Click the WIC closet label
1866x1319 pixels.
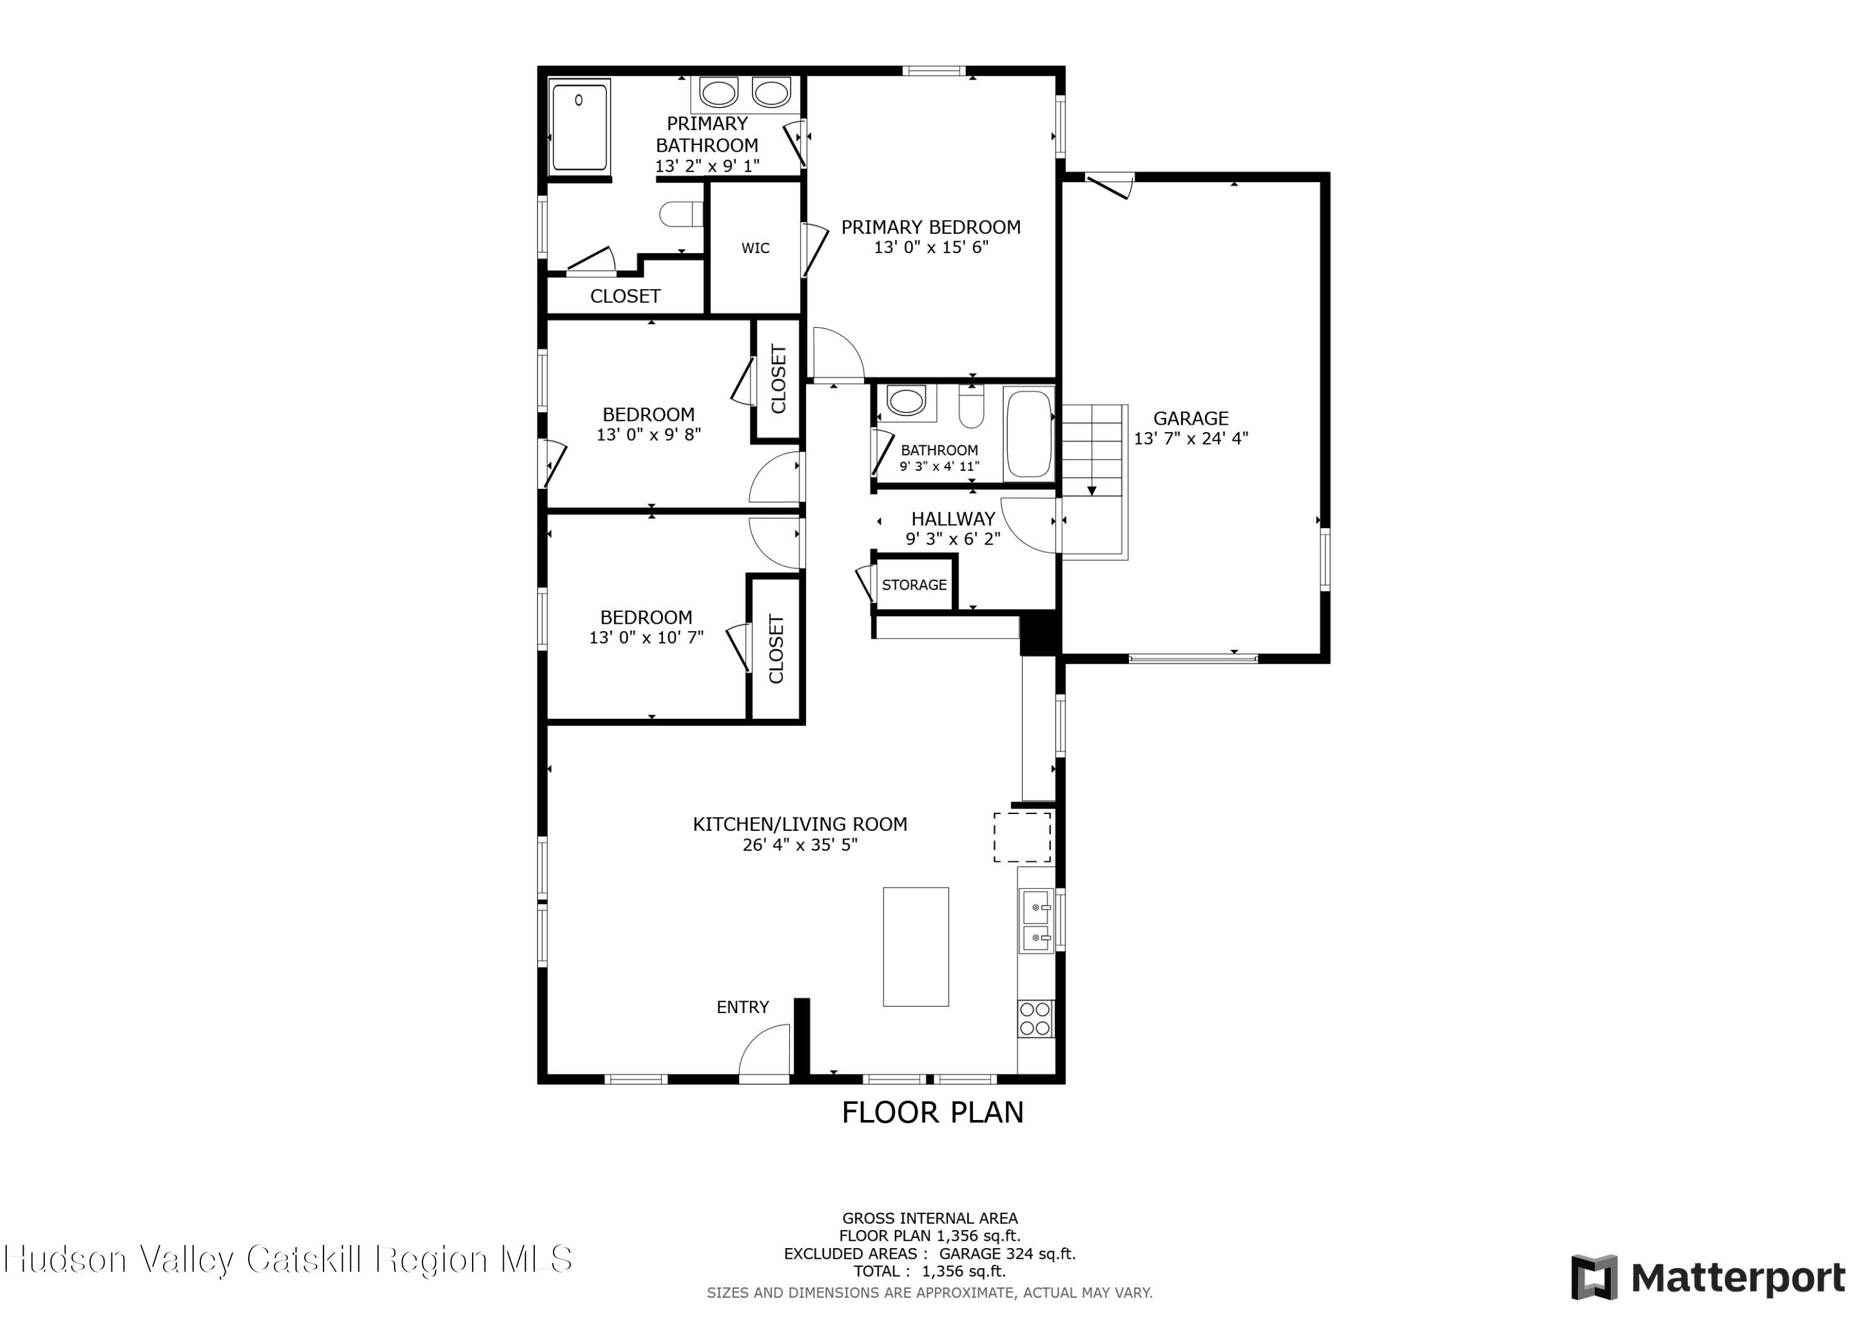[755, 248]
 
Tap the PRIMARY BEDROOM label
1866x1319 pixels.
[931, 228]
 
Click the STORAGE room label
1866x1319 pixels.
[914, 585]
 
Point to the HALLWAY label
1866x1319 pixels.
[952, 519]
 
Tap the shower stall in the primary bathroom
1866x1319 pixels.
[580, 127]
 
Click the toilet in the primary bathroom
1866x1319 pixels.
[680, 215]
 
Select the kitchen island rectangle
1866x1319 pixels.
[916, 946]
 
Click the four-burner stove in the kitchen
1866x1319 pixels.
[1036, 1018]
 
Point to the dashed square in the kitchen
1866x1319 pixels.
[1023, 836]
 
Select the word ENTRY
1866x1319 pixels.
[742, 1007]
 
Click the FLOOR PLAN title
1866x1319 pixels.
[932, 1113]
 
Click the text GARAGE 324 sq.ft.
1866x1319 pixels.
[1007, 1254]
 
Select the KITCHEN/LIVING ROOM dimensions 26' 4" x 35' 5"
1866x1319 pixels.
[800, 845]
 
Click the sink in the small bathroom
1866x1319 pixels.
[906, 400]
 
